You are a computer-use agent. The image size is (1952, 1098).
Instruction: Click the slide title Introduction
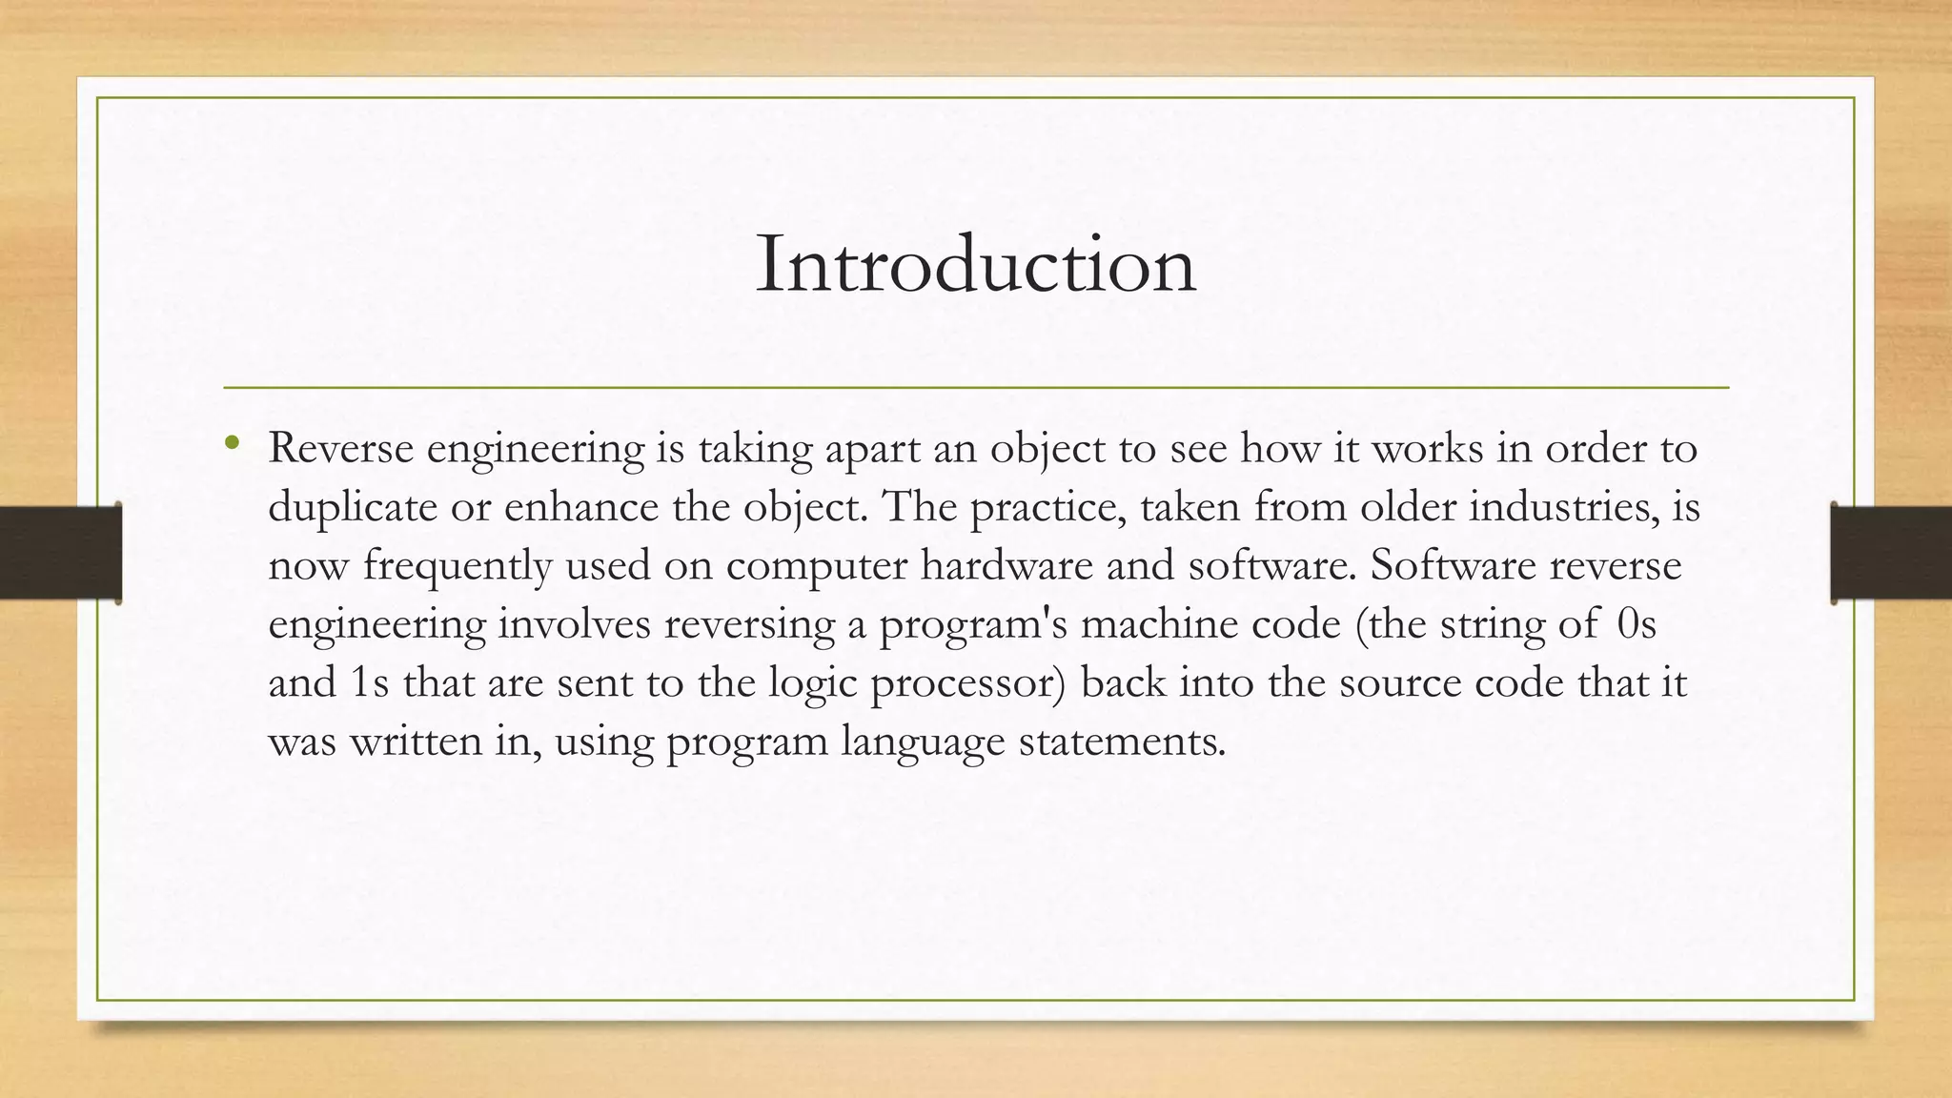(975, 264)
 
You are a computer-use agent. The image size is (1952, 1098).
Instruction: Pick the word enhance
(580, 507)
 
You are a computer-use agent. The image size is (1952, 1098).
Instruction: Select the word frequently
(457, 566)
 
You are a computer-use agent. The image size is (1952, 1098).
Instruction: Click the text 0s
(1637, 624)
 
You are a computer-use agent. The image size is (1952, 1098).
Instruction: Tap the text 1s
(370, 683)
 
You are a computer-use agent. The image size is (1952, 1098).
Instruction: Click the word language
(923, 742)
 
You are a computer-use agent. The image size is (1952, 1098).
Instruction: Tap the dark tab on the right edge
(1891, 553)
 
